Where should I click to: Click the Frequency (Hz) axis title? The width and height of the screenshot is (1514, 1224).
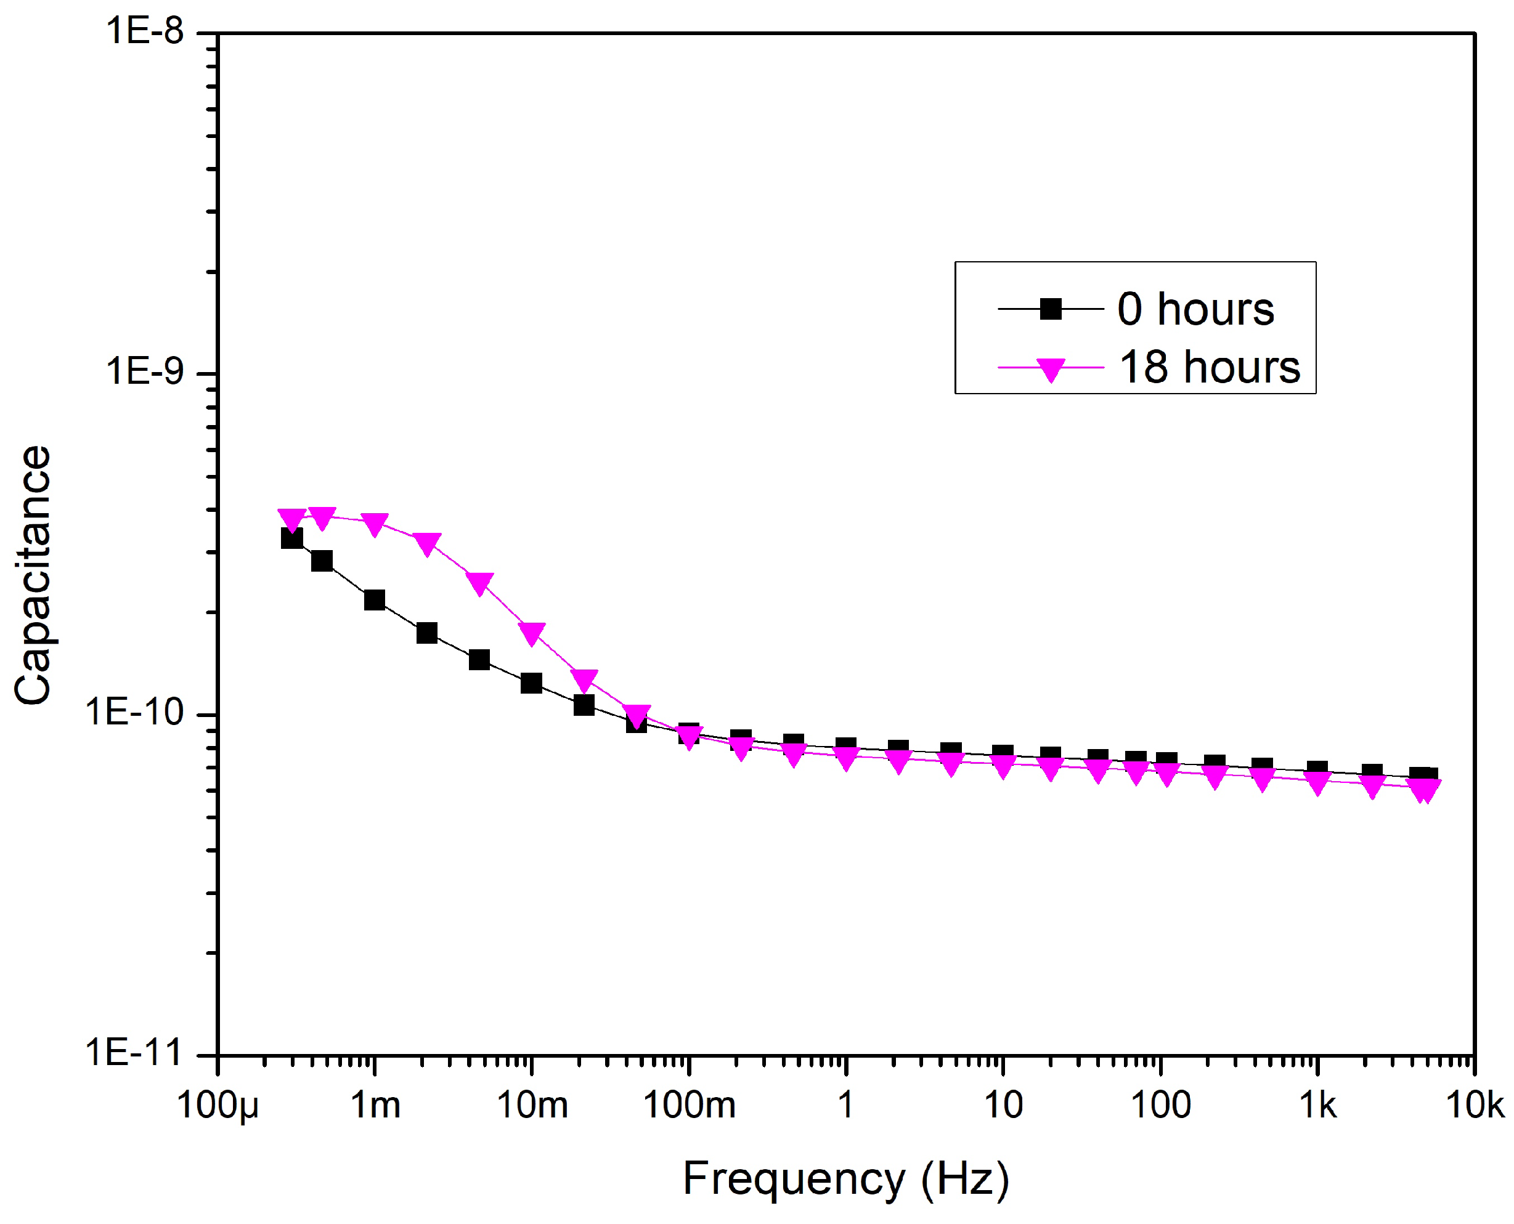pyautogui.click(x=845, y=1179)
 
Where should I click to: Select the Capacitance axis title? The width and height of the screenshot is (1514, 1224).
pyautogui.click(x=33, y=575)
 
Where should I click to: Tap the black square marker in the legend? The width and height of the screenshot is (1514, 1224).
pyautogui.click(x=1051, y=309)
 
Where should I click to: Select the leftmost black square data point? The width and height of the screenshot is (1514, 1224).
pyautogui.click(x=292, y=538)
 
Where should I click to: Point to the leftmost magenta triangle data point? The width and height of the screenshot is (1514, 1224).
pyautogui.click(x=292, y=520)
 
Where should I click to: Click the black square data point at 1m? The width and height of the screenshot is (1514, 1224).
pyautogui.click(x=375, y=600)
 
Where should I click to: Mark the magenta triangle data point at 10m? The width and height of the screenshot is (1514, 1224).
pyautogui.click(x=532, y=633)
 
